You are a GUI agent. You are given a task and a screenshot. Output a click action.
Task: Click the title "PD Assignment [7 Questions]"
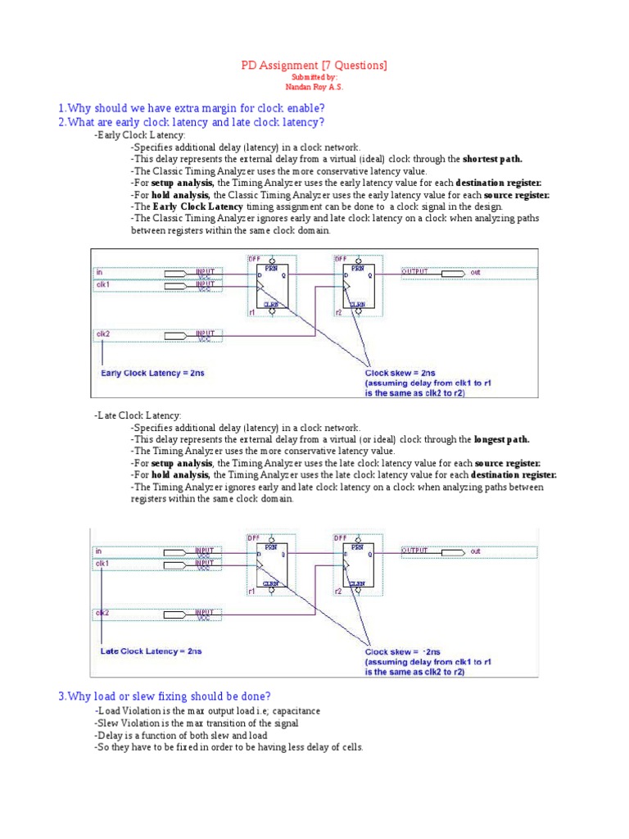(314, 66)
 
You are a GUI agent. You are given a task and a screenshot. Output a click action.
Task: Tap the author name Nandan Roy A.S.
(314, 87)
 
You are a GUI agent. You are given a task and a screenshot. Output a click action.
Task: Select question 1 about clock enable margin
(191, 108)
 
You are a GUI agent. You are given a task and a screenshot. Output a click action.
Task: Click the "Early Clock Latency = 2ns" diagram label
(152, 374)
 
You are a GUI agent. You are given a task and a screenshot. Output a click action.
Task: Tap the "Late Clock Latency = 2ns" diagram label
(151, 651)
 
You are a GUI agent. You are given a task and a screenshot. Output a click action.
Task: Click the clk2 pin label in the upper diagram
(102, 334)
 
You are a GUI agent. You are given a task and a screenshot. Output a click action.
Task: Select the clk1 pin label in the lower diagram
(102, 564)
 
